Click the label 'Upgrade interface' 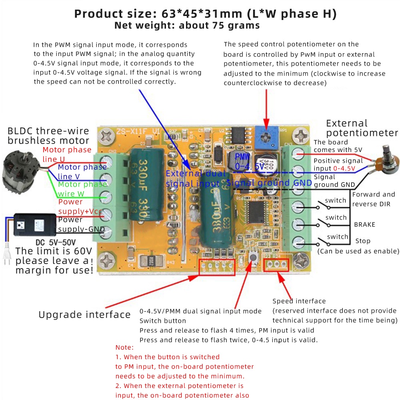[x=84, y=315]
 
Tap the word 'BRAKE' [x=364, y=224]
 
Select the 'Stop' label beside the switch [x=363, y=241]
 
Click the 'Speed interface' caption [x=299, y=301]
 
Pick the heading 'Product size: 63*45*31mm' [x=205, y=14]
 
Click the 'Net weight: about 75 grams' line [x=187, y=26]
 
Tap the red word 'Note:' [x=124, y=347]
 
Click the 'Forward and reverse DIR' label [x=373, y=199]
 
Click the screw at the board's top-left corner [x=106, y=137]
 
